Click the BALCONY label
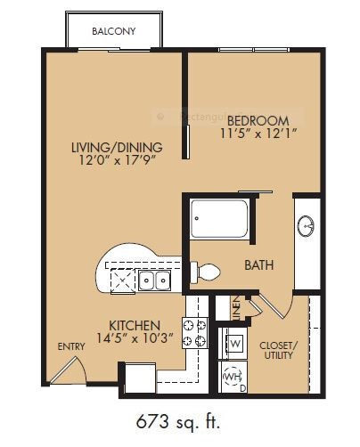(113, 32)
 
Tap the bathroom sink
(307, 226)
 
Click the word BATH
(258, 265)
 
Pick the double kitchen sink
(155, 281)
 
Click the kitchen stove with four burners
(195, 332)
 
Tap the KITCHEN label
(135, 325)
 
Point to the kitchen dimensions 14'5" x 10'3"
(135, 339)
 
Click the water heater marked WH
(232, 378)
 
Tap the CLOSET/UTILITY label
(277, 350)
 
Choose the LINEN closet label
(234, 308)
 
